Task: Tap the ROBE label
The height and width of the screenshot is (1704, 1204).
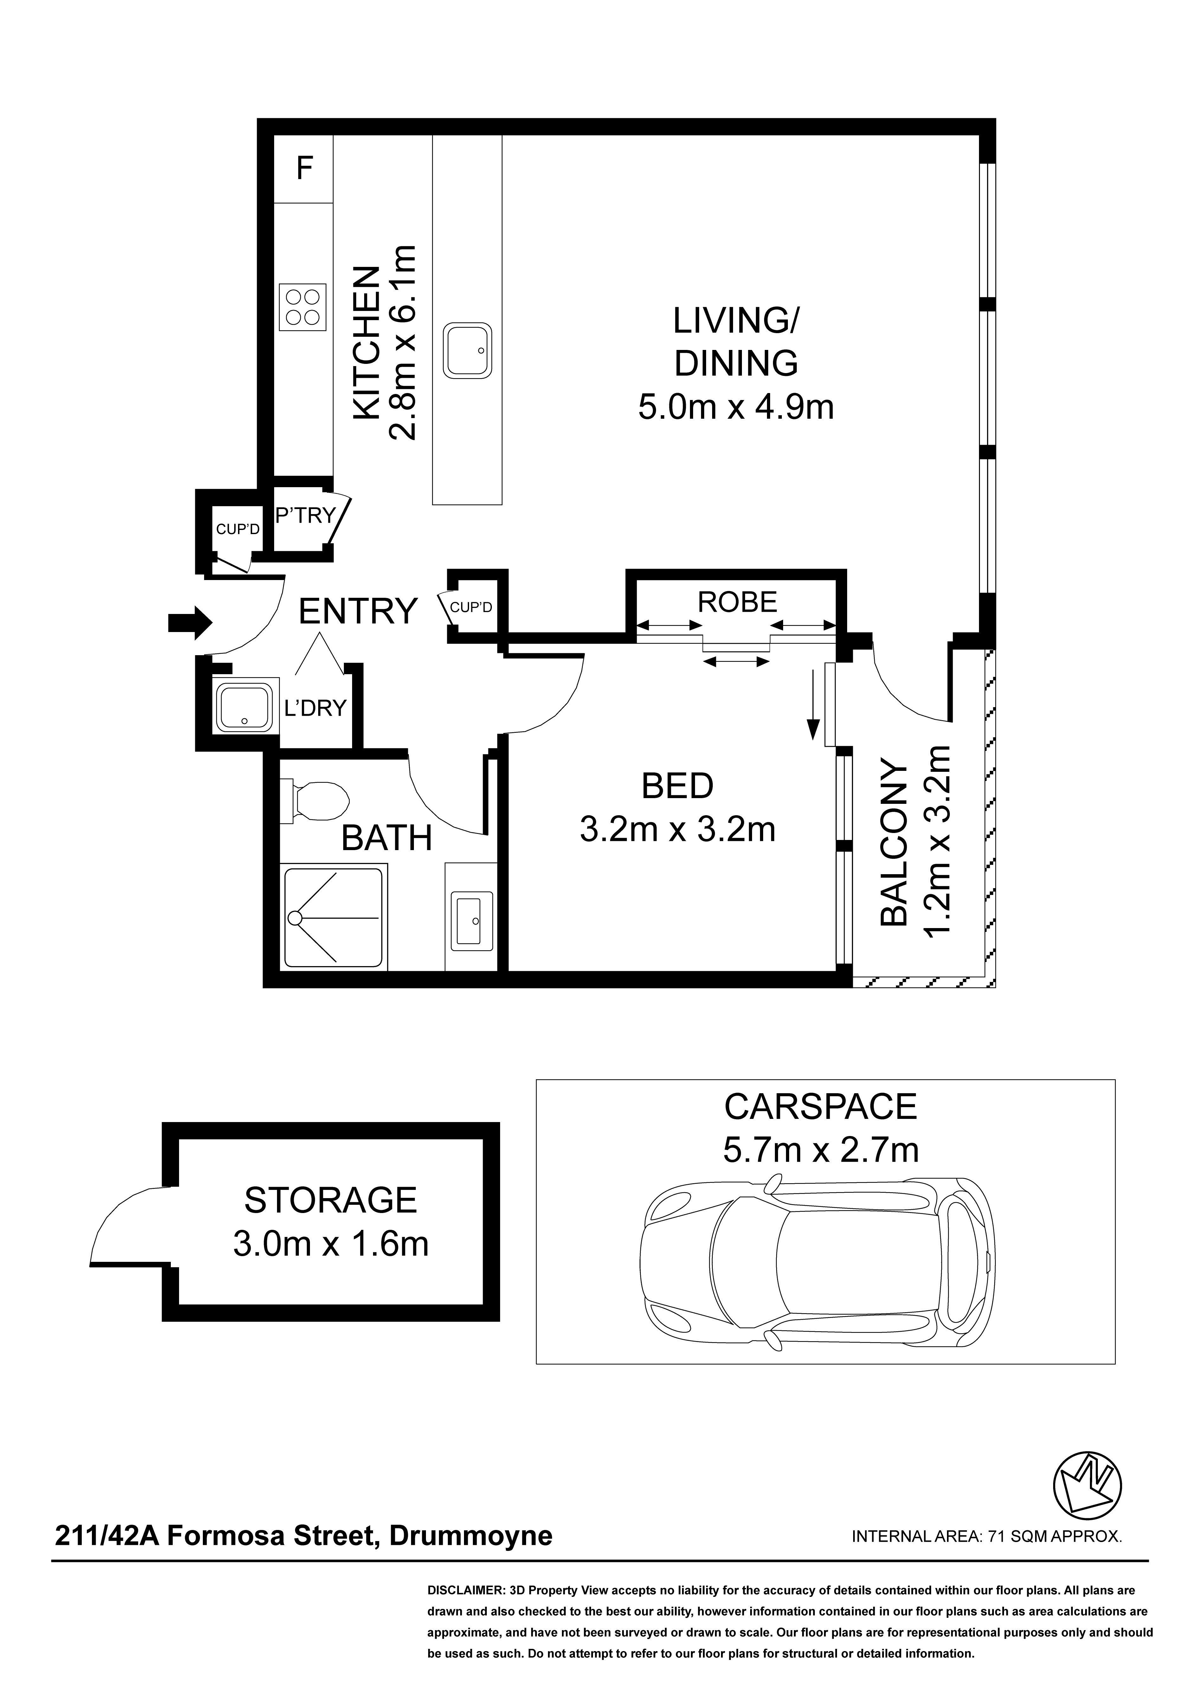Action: [737, 602]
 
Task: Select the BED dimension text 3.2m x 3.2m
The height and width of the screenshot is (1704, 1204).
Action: [677, 829]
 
